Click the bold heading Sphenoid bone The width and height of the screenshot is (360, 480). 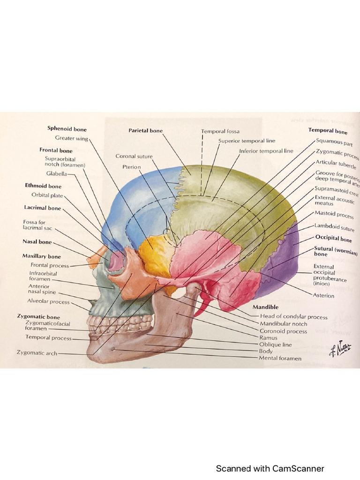coord(67,129)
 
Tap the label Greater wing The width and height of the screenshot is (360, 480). coord(71,138)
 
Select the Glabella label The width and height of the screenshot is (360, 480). coord(56,173)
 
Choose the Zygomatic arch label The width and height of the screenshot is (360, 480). coord(37,353)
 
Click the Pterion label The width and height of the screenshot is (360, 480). coord(131,166)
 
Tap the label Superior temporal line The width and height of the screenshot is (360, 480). coord(247,141)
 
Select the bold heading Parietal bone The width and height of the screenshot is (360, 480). coord(145,130)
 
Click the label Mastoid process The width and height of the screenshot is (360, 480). coord(334,215)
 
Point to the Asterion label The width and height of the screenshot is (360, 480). coord(323,295)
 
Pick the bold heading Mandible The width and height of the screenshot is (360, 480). coord(265,307)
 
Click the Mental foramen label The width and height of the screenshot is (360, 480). coord(280,359)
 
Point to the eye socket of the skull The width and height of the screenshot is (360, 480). coord(116,260)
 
